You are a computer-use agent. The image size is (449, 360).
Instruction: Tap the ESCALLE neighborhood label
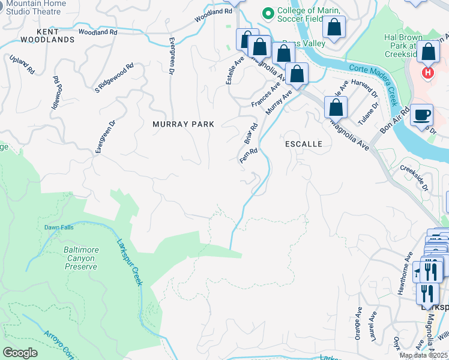pos(303,144)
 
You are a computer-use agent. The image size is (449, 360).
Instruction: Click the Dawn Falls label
pos(58,227)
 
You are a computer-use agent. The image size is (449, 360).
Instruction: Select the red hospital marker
pos(427,73)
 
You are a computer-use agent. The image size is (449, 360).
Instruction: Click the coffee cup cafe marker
pos(422,114)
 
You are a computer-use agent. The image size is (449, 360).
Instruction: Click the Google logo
pos(20,353)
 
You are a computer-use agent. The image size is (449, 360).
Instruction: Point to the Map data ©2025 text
pos(423,355)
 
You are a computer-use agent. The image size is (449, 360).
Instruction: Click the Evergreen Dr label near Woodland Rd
pos(172,56)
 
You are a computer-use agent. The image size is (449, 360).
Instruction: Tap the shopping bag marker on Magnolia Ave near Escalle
pos(336,108)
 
